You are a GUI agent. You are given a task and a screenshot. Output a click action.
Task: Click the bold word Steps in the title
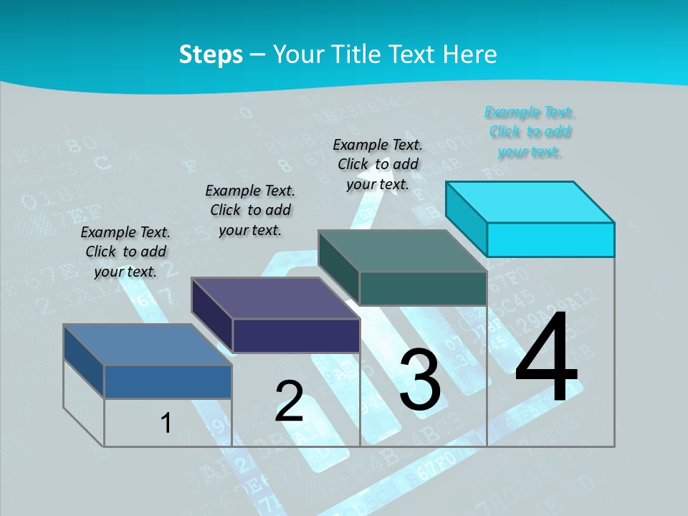coord(211,54)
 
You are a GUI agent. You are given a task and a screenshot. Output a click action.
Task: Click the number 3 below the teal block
coord(420,380)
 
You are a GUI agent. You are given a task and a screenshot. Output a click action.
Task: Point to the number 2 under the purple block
coord(289,401)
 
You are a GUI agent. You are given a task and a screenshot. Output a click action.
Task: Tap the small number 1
coord(166,423)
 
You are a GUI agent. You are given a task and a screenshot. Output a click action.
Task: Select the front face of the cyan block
coord(550,239)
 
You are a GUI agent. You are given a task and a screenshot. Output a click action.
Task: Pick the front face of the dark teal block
coord(423,288)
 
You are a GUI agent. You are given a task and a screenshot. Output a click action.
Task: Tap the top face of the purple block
coord(275,298)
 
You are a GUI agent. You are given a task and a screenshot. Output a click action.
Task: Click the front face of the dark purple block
coord(296,335)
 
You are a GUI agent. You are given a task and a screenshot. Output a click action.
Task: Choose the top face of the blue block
coord(148,345)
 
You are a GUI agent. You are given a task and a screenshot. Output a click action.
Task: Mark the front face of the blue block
coord(168,381)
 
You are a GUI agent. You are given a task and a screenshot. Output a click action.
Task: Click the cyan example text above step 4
coord(529,132)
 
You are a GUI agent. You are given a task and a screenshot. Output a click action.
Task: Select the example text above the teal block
coord(378,164)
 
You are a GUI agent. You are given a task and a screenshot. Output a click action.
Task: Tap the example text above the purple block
coord(250,210)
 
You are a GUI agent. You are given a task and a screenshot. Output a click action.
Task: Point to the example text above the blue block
coord(125,252)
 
